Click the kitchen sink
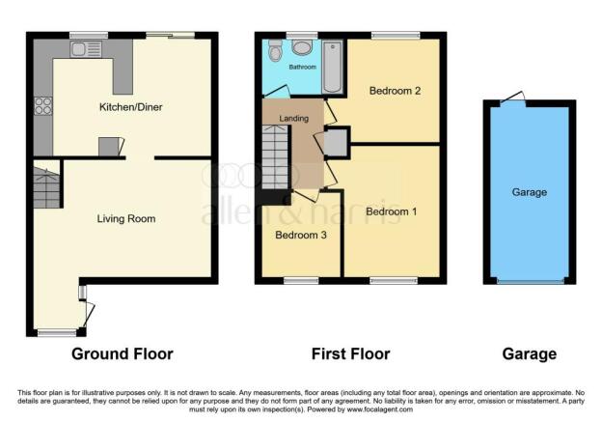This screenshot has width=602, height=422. [86, 49]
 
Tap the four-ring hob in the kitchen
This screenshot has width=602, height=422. [43, 106]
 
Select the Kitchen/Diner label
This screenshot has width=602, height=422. [130, 107]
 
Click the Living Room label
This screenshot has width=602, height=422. [126, 218]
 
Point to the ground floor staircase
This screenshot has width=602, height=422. [46, 184]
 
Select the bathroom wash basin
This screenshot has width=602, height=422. [302, 47]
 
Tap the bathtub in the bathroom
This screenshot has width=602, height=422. [332, 67]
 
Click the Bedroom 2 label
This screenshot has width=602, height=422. [395, 91]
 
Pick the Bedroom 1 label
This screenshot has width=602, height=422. [392, 211]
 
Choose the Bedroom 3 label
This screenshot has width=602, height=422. [301, 235]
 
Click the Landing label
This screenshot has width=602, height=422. [293, 119]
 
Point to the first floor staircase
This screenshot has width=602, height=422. [275, 156]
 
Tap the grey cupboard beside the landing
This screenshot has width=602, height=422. [336, 143]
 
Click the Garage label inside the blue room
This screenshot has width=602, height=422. [530, 192]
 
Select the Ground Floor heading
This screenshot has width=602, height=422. [123, 354]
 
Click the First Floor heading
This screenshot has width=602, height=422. [350, 354]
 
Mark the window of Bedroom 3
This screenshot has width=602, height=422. [301, 281]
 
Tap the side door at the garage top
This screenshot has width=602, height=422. [512, 97]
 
